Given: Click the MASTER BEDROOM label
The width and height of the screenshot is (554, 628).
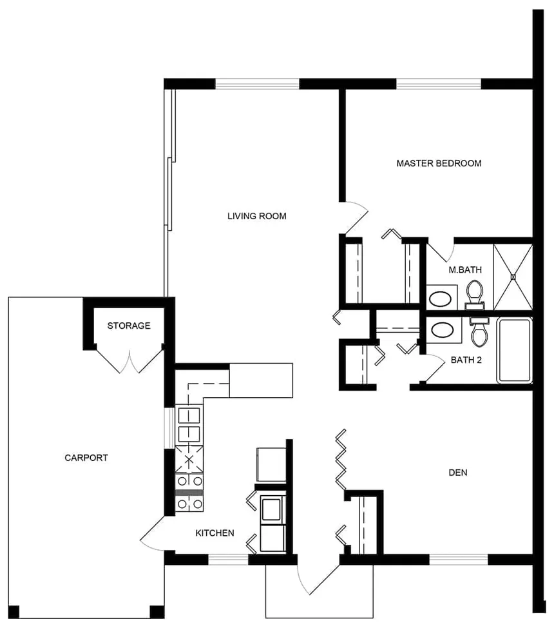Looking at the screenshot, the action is click(439, 163).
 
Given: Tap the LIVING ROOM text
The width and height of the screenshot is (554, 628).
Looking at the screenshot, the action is click(256, 216).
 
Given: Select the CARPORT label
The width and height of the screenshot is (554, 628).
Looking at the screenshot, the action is click(86, 458).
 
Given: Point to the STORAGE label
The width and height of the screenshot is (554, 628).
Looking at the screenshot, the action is click(129, 326).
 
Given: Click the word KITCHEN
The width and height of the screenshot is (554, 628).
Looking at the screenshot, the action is click(215, 533).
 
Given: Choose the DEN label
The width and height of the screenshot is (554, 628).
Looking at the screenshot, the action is click(457, 473).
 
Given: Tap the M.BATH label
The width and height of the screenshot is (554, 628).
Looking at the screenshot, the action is click(465, 270).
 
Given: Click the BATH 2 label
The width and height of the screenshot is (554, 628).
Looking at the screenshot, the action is click(466, 360).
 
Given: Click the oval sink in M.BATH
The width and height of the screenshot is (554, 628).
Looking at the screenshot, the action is click(441, 298).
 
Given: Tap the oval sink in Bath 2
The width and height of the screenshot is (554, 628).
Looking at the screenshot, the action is click(441, 331).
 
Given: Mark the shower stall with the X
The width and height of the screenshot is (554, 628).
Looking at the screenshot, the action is click(513, 277).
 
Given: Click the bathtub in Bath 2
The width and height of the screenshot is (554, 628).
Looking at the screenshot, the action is click(513, 350).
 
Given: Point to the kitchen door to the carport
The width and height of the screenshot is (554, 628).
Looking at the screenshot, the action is click(152, 535).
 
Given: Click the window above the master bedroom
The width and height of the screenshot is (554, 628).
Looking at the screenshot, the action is click(439, 83).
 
